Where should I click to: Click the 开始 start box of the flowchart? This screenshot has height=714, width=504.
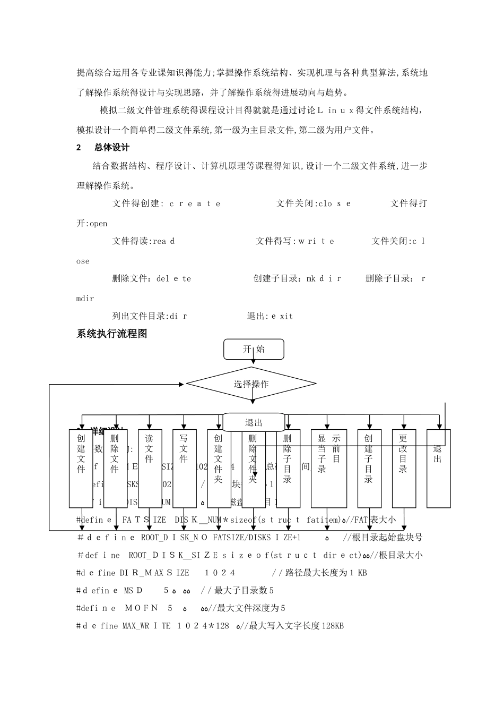[254, 350]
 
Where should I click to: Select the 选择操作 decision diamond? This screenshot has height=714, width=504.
[251, 384]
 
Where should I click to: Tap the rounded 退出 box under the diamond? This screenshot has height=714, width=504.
[254, 423]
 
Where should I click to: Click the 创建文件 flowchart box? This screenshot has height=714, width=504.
[81, 467]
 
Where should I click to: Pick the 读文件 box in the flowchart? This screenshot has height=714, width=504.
[150, 467]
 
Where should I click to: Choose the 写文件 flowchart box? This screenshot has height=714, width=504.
[184, 467]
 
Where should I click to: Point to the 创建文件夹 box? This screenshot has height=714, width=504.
[219, 467]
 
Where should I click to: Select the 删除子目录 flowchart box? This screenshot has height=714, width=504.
[288, 467]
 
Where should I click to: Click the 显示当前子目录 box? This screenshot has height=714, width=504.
[328, 467]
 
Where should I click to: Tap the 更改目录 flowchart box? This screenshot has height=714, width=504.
[404, 467]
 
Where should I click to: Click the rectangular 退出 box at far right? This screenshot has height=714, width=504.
[438, 467]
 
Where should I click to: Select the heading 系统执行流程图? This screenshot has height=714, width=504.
[112, 334]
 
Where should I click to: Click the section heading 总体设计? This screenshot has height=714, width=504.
[112, 147]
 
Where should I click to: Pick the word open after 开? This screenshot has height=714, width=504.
[98, 224]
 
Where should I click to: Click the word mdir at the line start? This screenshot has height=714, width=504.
[85, 299]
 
